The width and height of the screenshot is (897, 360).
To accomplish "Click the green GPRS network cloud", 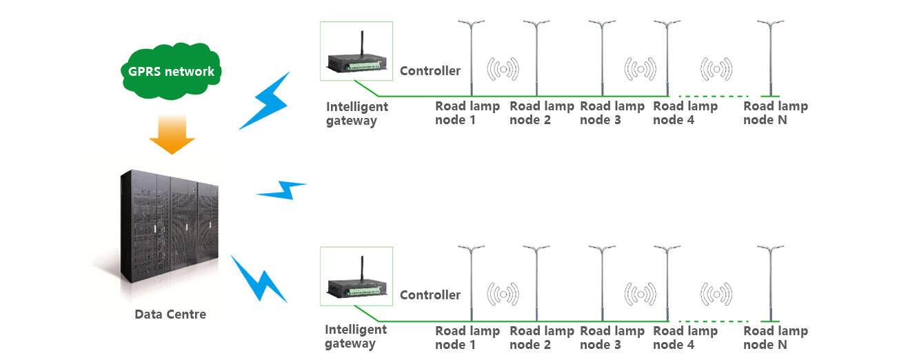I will (x=171, y=72).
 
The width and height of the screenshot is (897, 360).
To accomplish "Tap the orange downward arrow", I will (x=172, y=134).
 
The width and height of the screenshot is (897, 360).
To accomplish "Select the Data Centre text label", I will (x=170, y=314).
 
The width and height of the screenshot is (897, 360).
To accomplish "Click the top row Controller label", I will (x=430, y=70).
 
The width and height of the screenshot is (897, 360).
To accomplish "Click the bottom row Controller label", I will (x=430, y=294).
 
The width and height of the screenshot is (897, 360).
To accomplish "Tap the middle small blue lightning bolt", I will (x=281, y=190).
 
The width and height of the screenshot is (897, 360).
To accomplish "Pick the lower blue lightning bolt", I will (x=259, y=279).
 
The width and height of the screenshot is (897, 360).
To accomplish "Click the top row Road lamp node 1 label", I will (x=467, y=113).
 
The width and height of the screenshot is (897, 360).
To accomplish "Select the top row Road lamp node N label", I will (x=775, y=113).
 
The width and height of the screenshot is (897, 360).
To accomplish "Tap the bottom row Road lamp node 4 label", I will (x=685, y=338).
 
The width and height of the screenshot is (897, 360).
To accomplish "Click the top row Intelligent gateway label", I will (x=357, y=114).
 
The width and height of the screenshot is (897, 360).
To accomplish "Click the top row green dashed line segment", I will (x=714, y=96).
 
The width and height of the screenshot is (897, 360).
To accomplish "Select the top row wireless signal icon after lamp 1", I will (x=503, y=68).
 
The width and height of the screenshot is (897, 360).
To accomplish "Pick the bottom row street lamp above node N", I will (x=770, y=283).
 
